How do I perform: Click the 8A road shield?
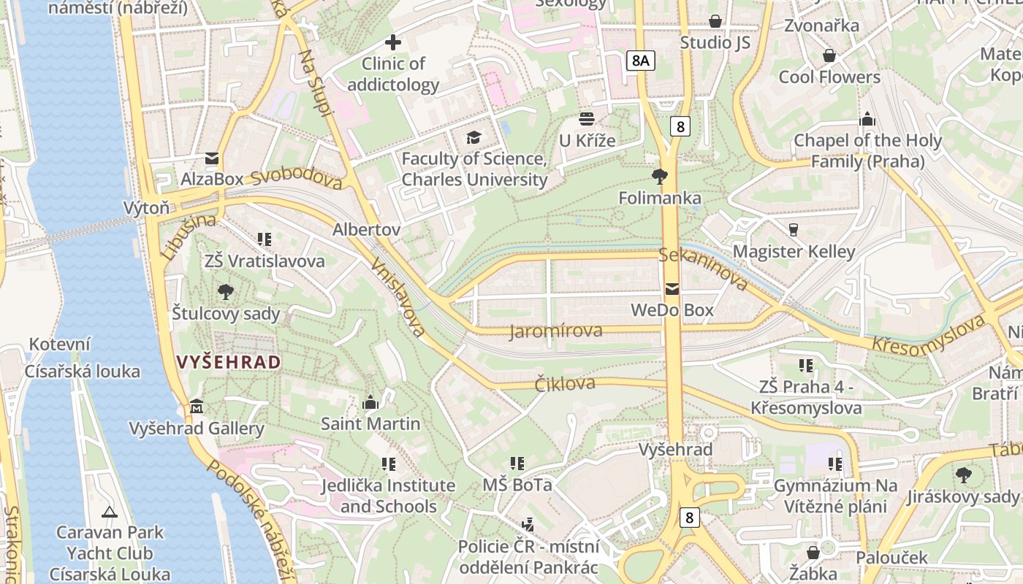640,61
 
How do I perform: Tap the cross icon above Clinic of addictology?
393,42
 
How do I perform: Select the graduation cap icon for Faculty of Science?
474,137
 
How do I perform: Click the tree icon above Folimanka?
660,177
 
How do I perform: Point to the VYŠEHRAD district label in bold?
229,362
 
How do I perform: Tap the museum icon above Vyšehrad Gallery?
197,406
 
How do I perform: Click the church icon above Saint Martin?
370,402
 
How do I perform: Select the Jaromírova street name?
556,331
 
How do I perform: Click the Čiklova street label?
565,383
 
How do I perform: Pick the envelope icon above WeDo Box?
672,289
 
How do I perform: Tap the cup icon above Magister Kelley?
794,230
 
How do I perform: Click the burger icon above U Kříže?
587,118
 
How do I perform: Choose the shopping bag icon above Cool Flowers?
829,55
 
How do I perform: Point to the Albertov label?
366,229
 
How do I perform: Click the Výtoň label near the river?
146,207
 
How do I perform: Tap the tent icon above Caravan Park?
110,512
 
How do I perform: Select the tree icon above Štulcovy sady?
226,293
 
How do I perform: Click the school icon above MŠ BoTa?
517,464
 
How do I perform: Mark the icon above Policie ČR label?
528,524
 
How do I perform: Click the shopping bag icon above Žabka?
813,552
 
